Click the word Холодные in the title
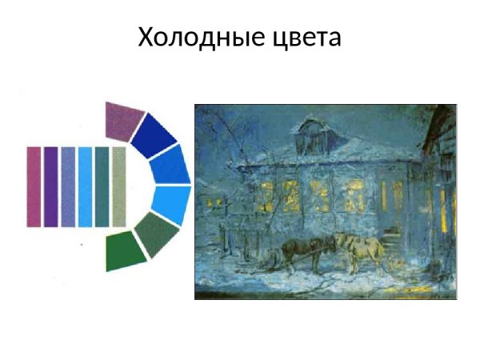click(x=190, y=37)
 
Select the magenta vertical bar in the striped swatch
click(x=34, y=186)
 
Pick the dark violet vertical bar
click(x=50, y=186)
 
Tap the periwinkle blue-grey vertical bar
click(x=68, y=186)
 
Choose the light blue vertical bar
click(x=85, y=186)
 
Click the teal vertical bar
click(x=102, y=186)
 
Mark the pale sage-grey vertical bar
click(x=119, y=186)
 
